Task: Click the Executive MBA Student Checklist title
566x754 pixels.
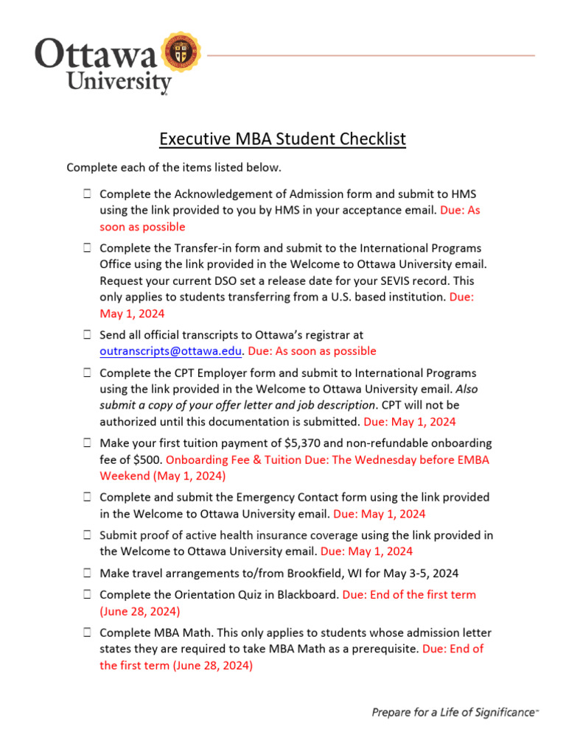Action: tap(283, 138)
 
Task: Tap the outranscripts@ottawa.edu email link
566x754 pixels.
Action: tap(170, 351)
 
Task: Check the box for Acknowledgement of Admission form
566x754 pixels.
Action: tap(87, 194)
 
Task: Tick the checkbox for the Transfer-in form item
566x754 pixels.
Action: tap(87, 249)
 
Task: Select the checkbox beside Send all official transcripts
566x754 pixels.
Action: tap(87, 335)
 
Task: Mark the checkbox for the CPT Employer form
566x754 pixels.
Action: tap(87, 373)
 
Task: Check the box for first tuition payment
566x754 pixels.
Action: tap(87, 443)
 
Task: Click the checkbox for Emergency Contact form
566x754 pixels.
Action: tap(87, 498)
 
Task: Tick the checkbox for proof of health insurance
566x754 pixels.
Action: tap(87, 535)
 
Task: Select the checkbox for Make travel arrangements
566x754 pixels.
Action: tap(87, 572)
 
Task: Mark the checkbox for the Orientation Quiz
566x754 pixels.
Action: tap(87, 594)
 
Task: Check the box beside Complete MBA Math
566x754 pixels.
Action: tap(87, 633)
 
